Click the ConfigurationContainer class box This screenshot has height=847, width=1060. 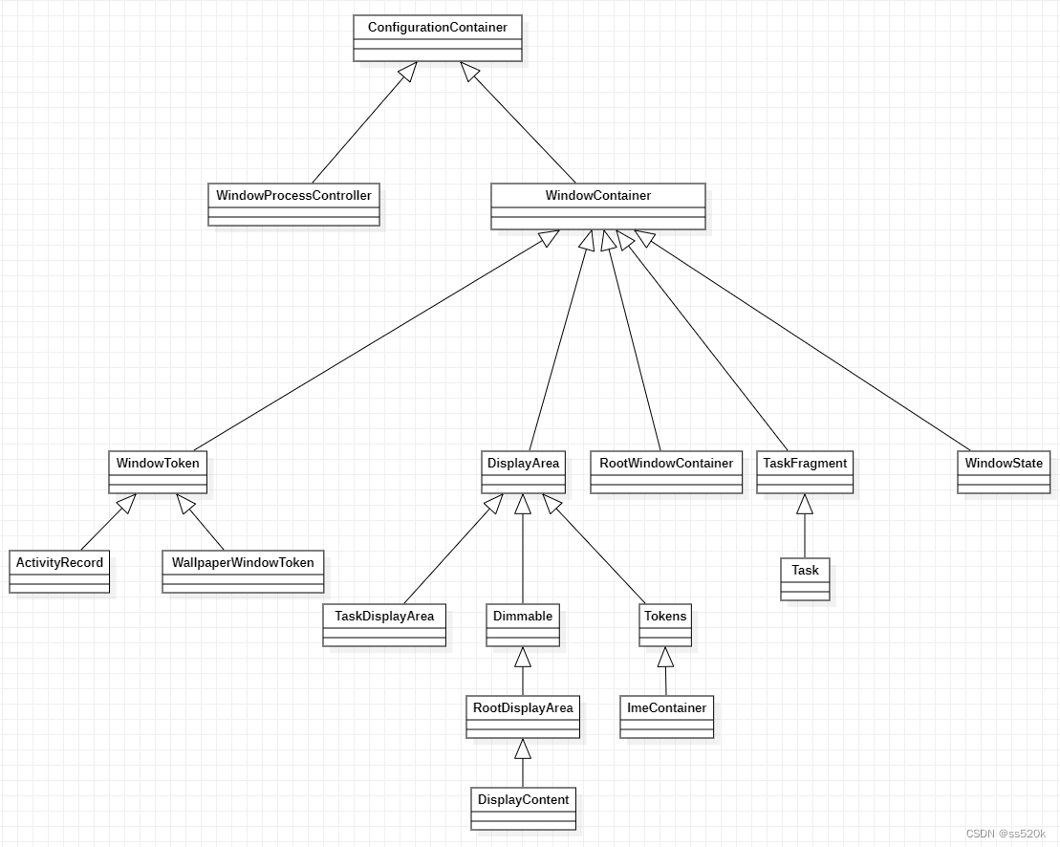(x=438, y=38)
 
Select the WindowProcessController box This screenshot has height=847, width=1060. (x=293, y=205)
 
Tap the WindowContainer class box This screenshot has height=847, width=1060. (x=598, y=206)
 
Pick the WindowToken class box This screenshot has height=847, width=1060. (x=158, y=472)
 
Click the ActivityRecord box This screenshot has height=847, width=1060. (x=59, y=572)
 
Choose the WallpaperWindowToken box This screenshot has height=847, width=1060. (x=243, y=572)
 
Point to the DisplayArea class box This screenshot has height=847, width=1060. (x=523, y=472)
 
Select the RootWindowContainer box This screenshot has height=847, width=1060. (x=666, y=472)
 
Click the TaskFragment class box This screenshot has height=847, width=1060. (x=805, y=472)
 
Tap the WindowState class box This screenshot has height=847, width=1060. (x=1004, y=472)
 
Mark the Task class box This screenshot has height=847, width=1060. (x=805, y=579)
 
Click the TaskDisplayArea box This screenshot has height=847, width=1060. (x=384, y=625)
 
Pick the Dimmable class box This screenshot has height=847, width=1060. (x=523, y=625)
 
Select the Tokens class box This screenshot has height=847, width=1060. (x=665, y=625)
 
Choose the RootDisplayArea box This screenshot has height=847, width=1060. (x=523, y=717)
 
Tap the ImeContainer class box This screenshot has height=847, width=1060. (x=666, y=717)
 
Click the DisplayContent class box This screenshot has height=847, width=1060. (x=523, y=809)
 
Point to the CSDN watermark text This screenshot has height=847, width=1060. (x=1006, y=835)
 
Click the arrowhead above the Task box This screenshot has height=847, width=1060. (x=805, y=505)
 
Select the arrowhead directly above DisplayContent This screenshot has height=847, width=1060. (x=523, y=749)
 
